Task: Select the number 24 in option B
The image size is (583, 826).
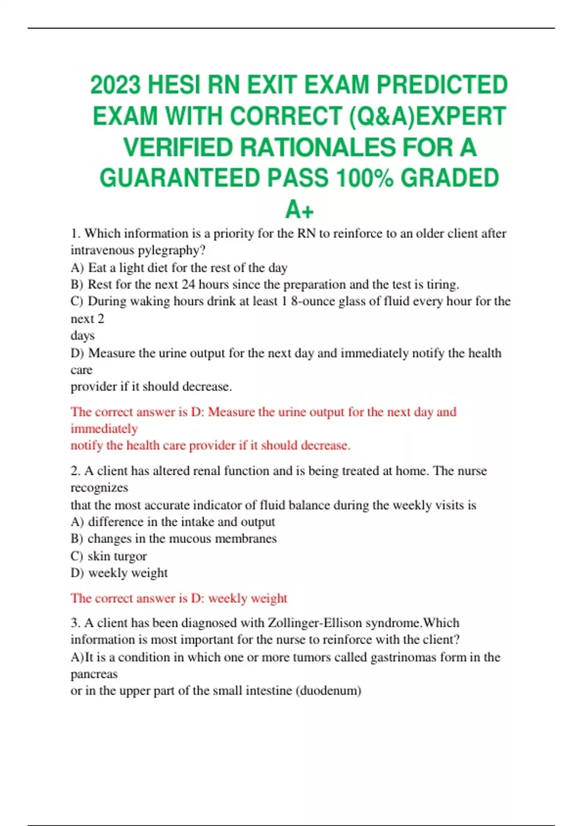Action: click(188, 284)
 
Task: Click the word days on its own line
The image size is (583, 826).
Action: click(83, 336)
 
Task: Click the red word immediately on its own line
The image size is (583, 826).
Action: click(104, 429)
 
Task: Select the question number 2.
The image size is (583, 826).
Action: click(75, 471)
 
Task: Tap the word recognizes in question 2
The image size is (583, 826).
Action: click(99, 488)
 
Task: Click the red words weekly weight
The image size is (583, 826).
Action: click(248, 598)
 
